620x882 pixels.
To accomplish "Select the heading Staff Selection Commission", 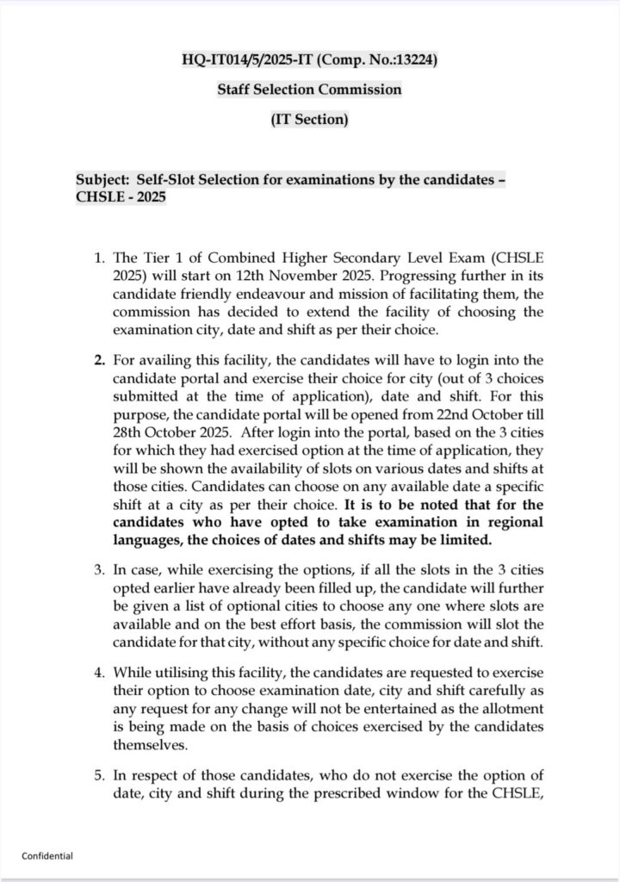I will (309, 89).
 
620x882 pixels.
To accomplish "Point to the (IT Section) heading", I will (309, 119).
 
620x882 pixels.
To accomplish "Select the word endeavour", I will (280, 295).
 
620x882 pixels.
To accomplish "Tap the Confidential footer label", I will (47, 855).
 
